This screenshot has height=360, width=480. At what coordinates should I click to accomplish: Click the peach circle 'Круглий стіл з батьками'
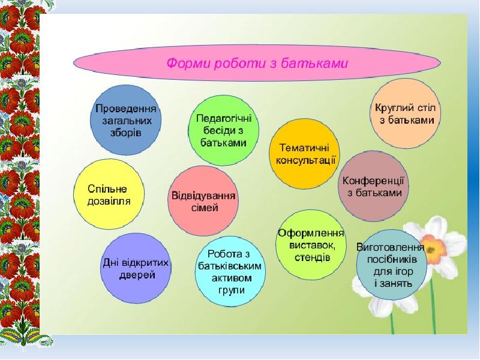pyautogui.click(x=406, y=114)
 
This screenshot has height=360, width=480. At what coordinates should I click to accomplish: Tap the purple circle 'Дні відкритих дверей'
pyautogui.click(x=136, y=269)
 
